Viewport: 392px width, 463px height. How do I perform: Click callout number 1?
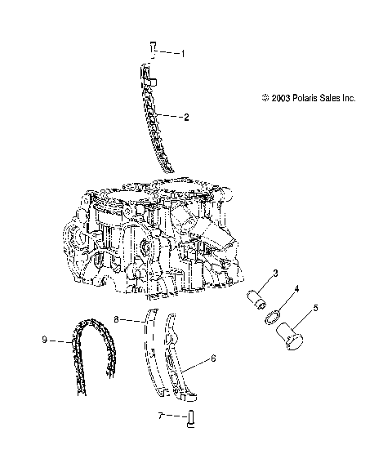tap(183, 53)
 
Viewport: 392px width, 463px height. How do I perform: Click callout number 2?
tap(186, 117)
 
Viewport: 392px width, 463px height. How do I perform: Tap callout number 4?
tap(296, 289)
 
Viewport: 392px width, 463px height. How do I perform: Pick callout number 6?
tap(213, 358)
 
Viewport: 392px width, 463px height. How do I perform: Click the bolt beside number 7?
tap(189, 420)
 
